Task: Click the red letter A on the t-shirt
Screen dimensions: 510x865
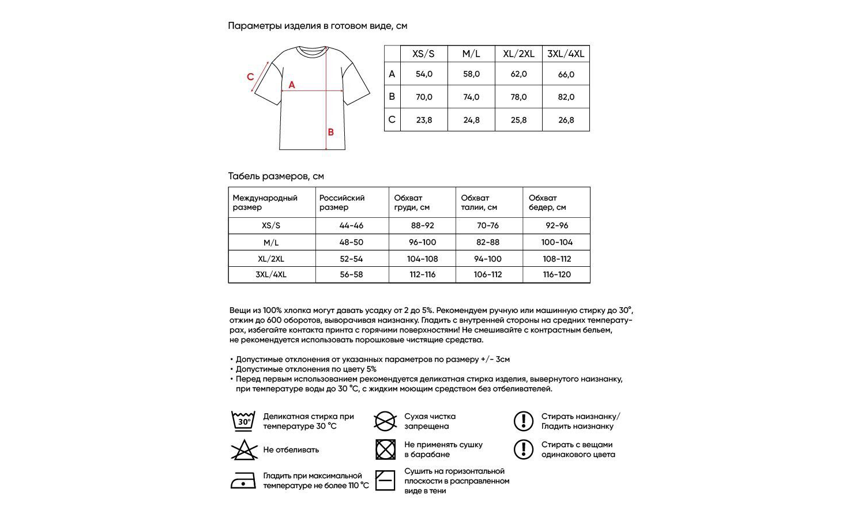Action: (292, 85)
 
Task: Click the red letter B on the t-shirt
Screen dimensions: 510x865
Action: (331, 132)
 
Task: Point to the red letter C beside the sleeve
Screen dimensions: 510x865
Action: (250, 77)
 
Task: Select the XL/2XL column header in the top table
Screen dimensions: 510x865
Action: (518, 54)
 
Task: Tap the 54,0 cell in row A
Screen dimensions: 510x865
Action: (424, 74)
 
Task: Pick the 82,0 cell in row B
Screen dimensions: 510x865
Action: (566, 97)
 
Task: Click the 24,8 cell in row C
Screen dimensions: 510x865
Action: (471, 120)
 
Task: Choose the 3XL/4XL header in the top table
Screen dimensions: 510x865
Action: (566, 54)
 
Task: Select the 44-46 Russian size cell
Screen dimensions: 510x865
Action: (351, 225)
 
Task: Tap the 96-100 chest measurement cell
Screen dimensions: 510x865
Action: (422, 242)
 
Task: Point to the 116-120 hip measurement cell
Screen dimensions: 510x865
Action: (556, 274)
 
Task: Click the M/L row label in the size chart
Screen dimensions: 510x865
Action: (271, 242)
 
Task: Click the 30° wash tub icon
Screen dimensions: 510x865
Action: (243, 421)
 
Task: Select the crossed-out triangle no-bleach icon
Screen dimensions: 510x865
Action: (244, 450)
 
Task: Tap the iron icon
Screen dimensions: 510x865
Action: (243, 480)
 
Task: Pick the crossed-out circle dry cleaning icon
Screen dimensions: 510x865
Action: (385, 421)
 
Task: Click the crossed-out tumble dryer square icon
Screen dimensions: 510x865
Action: (385, 449)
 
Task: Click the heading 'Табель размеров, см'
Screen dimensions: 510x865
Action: (276, 176)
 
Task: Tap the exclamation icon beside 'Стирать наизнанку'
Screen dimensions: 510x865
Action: (523, 421)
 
